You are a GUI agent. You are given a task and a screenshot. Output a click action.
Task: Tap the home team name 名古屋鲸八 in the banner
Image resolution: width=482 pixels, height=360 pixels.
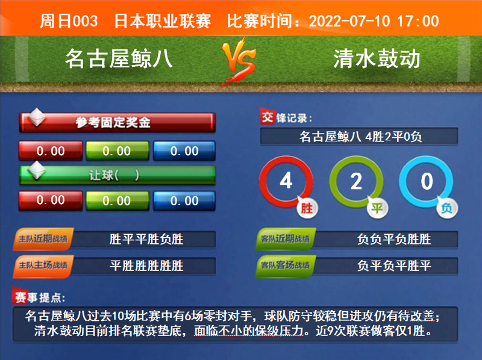coord(119,58)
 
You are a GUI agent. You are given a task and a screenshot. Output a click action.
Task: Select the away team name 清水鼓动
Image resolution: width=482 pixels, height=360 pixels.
coord(376,58)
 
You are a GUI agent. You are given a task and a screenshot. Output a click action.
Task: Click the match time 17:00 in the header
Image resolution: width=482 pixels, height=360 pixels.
coord(418,21)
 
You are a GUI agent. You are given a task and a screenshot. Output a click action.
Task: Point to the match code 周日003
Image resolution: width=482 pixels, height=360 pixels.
coord(69,21)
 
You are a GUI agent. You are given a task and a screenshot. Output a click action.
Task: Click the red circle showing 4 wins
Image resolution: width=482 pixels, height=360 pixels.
coord(287,181)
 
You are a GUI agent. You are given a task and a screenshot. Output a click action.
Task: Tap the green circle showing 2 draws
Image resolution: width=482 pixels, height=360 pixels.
coord(357,181)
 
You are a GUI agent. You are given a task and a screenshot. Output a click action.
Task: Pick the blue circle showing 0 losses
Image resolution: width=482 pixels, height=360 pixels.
coord(427,181)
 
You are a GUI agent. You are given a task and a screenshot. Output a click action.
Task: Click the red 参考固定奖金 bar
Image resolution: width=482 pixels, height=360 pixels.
coord(117,123)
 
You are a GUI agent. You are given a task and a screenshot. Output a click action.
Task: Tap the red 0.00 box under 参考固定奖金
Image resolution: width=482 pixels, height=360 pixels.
coord(50,151)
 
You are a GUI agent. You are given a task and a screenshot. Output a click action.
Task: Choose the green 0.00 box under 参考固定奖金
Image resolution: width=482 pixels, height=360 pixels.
coord(117,151)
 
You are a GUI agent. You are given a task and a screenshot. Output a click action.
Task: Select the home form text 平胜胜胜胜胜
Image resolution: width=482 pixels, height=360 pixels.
coord(146,265)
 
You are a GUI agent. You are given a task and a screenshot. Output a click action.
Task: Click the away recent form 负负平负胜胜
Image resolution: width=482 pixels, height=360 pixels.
coord(394,240)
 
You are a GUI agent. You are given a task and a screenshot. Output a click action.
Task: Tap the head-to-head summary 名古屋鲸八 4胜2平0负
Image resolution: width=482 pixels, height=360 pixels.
coord(360,136)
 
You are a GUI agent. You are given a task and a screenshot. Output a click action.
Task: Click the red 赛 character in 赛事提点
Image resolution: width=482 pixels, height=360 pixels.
coord(21,297)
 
